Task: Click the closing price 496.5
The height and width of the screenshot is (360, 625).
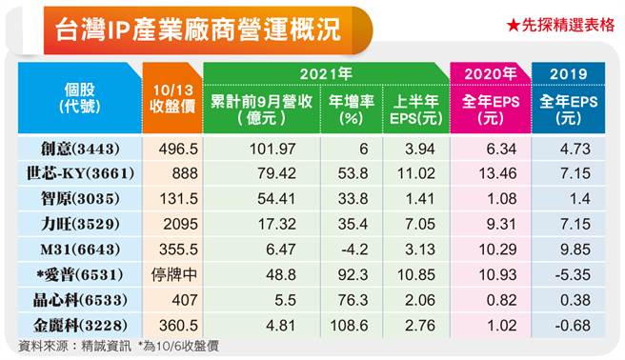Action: point(171,150)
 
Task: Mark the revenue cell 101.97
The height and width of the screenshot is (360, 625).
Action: point(261,150)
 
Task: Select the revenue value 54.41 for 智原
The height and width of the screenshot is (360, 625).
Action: point(261,199)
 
